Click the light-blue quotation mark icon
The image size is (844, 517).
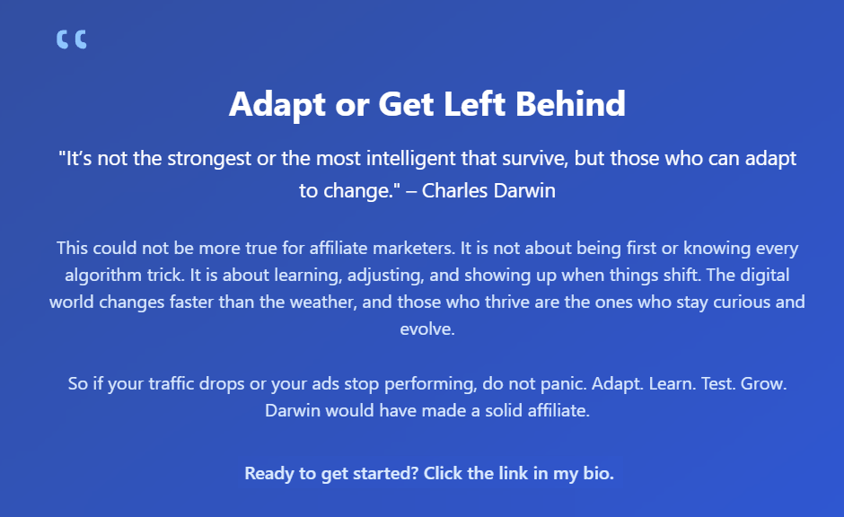click(x=71, y=39)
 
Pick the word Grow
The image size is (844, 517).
click(x=765, y=383)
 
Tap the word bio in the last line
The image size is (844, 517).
click(x=597, y=473)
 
